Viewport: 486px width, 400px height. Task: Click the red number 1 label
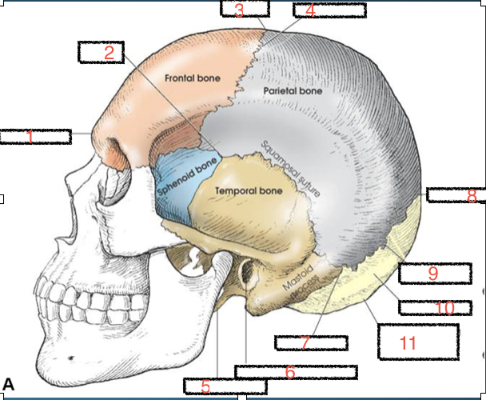30,137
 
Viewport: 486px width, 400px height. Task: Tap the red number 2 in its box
110,54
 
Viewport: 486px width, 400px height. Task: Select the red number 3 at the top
239,10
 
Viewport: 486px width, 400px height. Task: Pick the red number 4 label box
310,10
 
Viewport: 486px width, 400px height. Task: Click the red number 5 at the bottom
205,387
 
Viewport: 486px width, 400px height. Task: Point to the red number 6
289,372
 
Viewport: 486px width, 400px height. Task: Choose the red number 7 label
305,342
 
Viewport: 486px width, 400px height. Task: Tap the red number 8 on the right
472,195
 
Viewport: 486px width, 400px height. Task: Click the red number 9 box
432,273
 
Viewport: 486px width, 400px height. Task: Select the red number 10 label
445,307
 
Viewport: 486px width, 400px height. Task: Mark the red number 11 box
408,343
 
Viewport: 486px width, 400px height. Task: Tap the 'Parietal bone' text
292,91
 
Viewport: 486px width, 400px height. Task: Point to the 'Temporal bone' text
249,191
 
